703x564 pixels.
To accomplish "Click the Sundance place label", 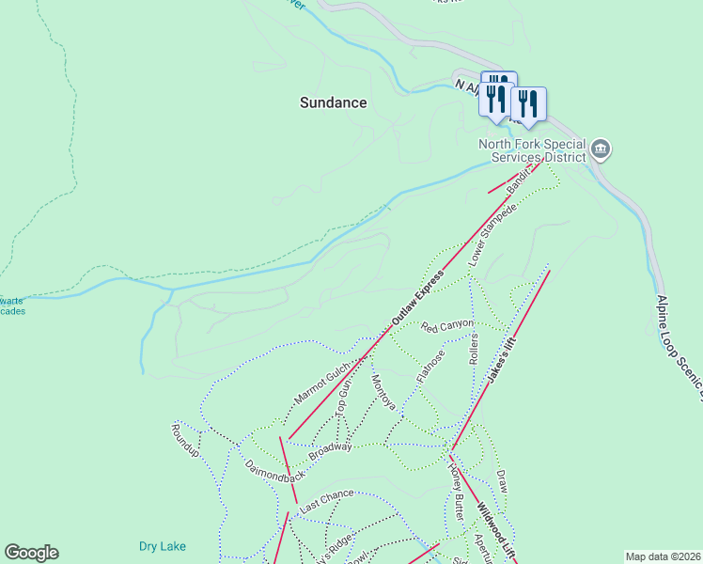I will pyautogui.click(x=333, y=102).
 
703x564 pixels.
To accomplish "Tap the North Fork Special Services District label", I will pyautogui.click(x=532, y=151).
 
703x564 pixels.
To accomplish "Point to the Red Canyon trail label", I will pyautogui.click(x=447, y=325).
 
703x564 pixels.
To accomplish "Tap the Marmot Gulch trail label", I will pyautogui.click(x=322, y=383).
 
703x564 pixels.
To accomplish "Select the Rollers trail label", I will pyautogui.click(x=474, y=349).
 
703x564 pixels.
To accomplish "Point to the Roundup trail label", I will pyautogui.click(x=185, y=440).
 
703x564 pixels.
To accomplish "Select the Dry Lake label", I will pyautogui.click(x=162, y=546).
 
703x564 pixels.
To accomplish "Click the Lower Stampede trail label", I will pyautogui.click(x=493, y=232).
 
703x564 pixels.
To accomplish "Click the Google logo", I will pyautogui.click(x=31, y=553).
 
